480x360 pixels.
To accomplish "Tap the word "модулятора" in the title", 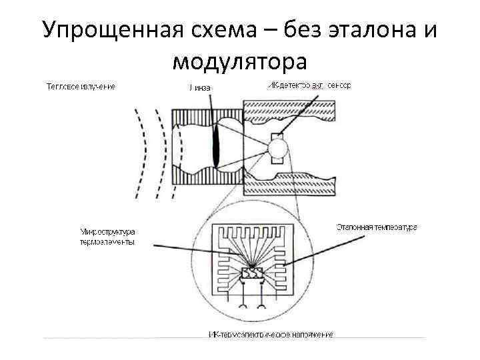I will coord(240,61).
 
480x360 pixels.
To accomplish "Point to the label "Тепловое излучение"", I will coord(81,86).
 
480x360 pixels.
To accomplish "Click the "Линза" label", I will coord(198,87).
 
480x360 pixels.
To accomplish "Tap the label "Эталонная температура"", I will coord(377,227).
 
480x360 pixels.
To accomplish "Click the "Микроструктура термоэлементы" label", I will coord(107,237).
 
